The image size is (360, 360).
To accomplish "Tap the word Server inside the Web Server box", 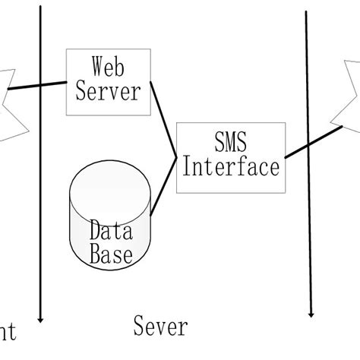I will [x=107, y=92].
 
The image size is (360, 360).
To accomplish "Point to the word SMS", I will [x=229, y=141].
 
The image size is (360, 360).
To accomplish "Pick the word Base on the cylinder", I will [x=110, y=254].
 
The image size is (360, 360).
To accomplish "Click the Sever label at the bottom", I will [x=159, y=327].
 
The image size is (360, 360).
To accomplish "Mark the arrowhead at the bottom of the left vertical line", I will [x=39, y=319].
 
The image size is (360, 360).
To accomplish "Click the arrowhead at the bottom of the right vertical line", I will [x=311, y=312].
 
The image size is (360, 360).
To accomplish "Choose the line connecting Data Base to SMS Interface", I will [x=164, y=186].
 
